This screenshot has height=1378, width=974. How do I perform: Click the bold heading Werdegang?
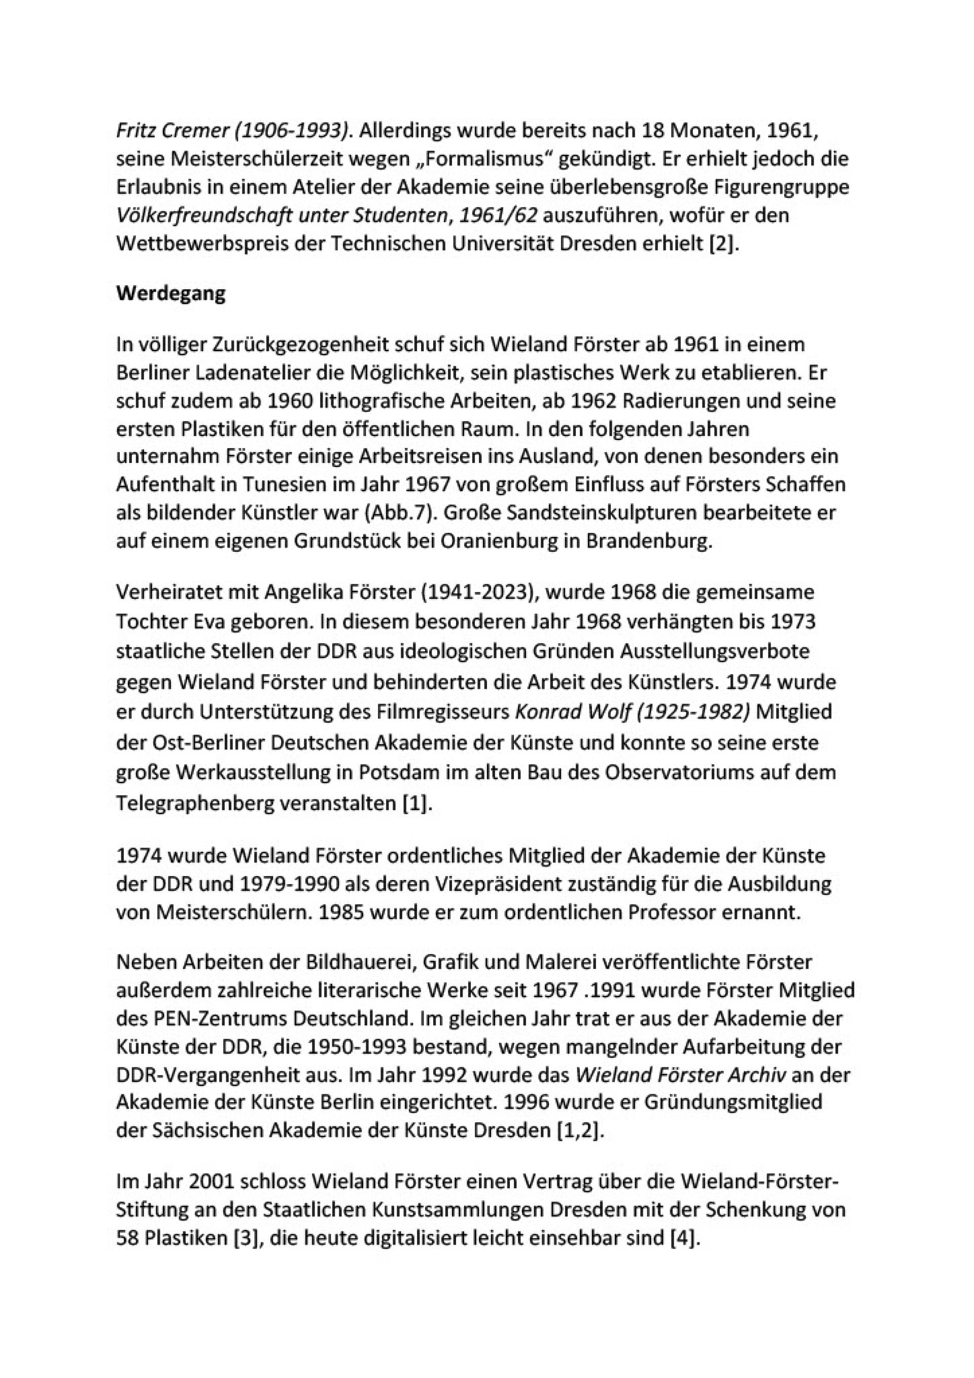(x=171, y=293)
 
